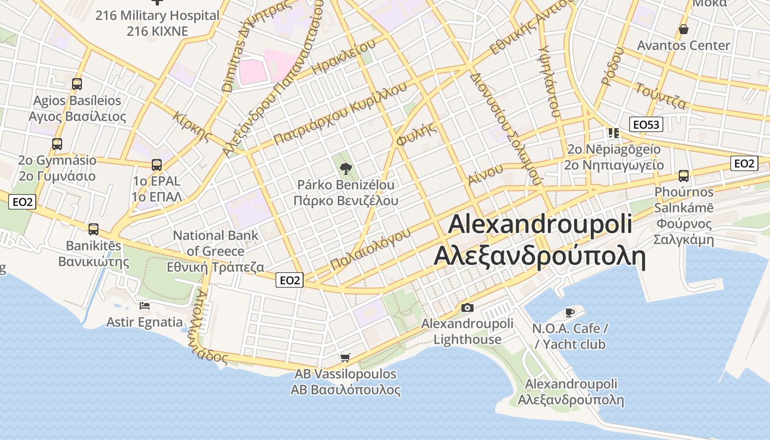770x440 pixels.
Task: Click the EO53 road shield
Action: pyautogui.click(x=646, y=125)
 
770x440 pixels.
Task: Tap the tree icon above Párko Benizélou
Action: pyautogui.click(x=345, y=168)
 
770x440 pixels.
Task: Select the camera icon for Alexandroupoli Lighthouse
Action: pyautogui.click(x=467, y=307)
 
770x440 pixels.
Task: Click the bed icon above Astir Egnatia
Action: pyautogui.click(x=145, y=306)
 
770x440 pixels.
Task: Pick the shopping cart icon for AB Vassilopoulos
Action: pyautogui.click(x=345, y=358)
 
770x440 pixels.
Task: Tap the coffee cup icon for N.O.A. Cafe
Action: pyautogui.click(x=570, y=312)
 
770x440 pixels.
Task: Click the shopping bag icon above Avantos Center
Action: pyautogui.click(x=683, y=29)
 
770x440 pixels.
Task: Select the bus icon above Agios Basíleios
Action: pyautogui.click(x=77, y=84)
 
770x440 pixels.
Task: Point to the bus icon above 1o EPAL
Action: pyautogui.click(x=157, y=164)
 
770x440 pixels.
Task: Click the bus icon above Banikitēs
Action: pyautogui.click(x=94, y=229)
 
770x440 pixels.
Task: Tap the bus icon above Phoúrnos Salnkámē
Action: pyautogui.click(x=683, y=175)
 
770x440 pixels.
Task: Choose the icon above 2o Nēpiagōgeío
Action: pyautogui.click(x=613, y=133)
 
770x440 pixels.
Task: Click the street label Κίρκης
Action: pyautogui.click(x=192, y=126)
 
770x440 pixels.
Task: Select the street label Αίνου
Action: pyautogui.click(x=486, y=174)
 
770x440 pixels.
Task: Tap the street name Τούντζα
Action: pyautogui.click(x=661, y=96)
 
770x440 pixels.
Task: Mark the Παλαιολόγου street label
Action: pyautogui.click(x=371, y=249)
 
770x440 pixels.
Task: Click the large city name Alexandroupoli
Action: pyautogui.click(x=540, y=224)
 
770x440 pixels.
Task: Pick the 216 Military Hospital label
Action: pyautogui.click(x=157, y=15)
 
